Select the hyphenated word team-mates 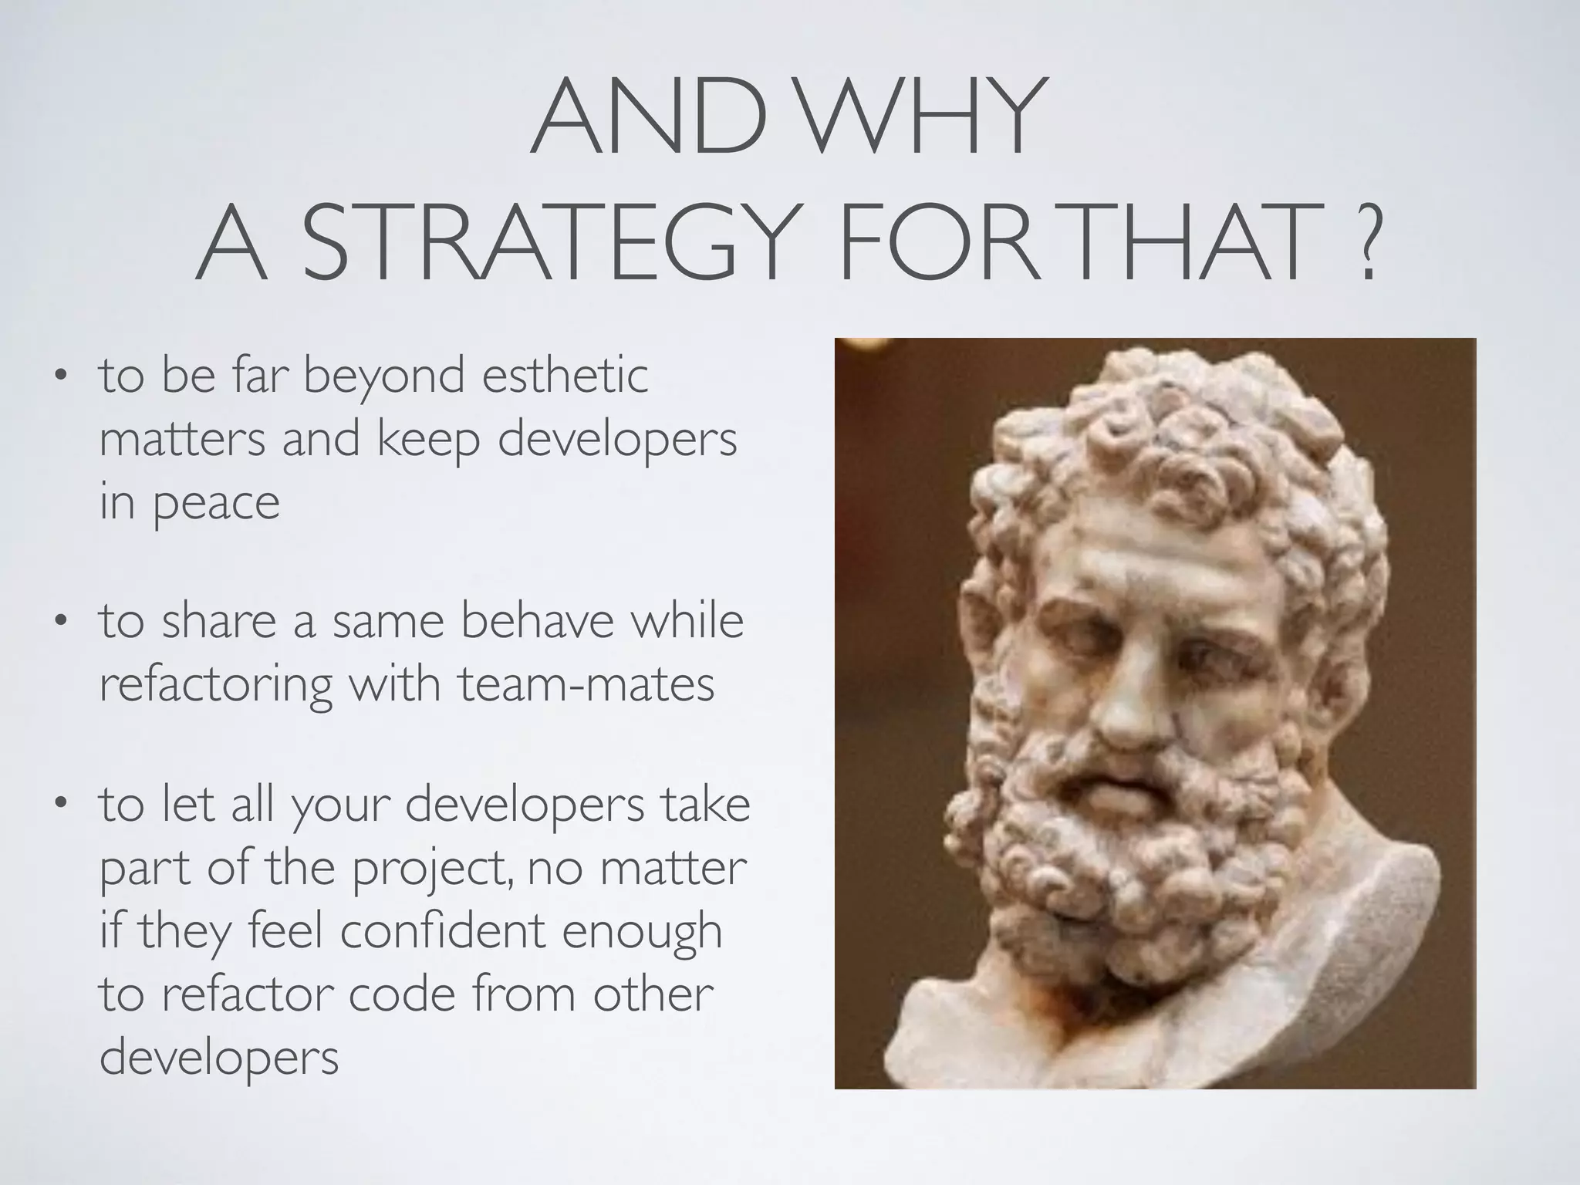pos(586,684)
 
